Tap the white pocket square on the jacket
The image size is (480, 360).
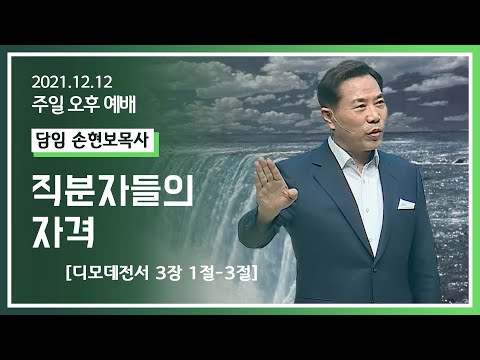(x=405, y=203)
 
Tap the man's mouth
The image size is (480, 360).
(x=342, y=121)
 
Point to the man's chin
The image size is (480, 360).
(x=345, y=134)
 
